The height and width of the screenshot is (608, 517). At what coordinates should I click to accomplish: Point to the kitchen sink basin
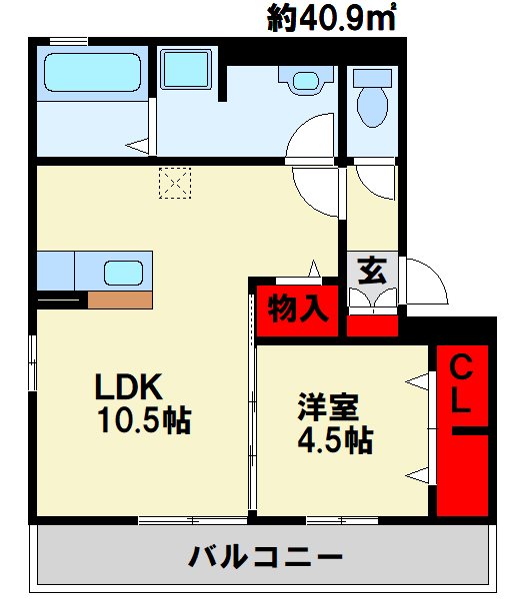(124, 273)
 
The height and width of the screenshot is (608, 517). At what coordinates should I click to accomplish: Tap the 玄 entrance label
(371, 270)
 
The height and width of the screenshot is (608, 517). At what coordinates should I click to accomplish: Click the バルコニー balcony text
(264, 555)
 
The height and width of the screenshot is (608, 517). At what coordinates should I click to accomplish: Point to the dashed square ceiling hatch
(174, 184)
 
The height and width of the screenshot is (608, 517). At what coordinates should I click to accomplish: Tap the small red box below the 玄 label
(372, 324)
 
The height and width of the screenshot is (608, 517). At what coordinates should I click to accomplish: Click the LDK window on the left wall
(33, 364)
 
